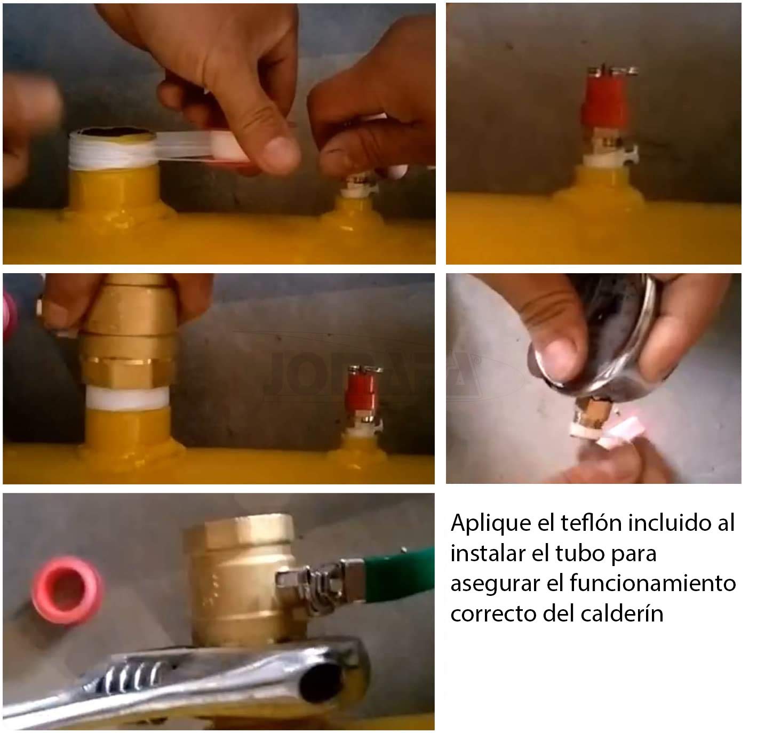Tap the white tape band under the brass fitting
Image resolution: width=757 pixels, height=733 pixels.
128,397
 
